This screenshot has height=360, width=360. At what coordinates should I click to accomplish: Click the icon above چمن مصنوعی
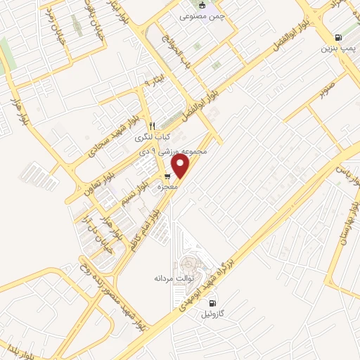(x=204, y=4)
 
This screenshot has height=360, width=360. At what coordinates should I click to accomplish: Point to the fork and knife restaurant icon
(x=151, y=126)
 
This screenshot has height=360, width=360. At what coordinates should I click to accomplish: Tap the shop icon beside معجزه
(x=167, y=176)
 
